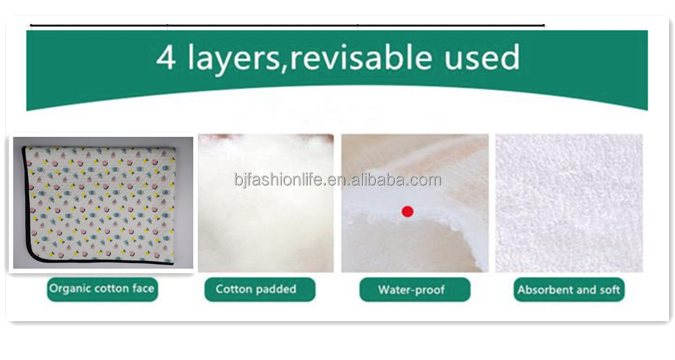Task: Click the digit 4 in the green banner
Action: point(165,59)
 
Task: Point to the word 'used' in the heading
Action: point(481,59)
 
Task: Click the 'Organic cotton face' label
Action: point(102,289)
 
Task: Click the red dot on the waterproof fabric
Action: point(407,211)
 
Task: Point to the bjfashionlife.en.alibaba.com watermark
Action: point(337,180)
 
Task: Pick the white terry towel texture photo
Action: point(569,203)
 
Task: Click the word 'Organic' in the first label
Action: point(70,289)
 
